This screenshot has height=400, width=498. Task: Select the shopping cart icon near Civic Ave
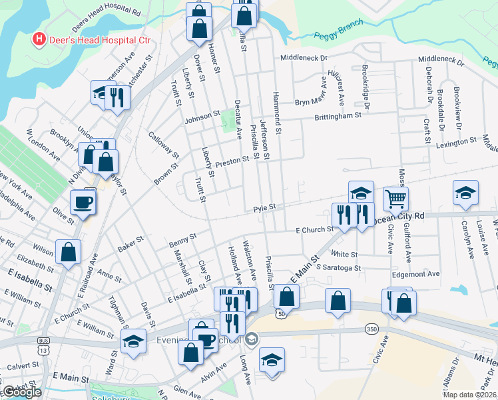tap(395, 198)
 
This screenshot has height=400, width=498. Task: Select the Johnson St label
tap(202, 115)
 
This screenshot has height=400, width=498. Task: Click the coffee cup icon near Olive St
tap(83, 202)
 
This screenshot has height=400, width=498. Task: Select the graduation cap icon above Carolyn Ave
tap(465, 193)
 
